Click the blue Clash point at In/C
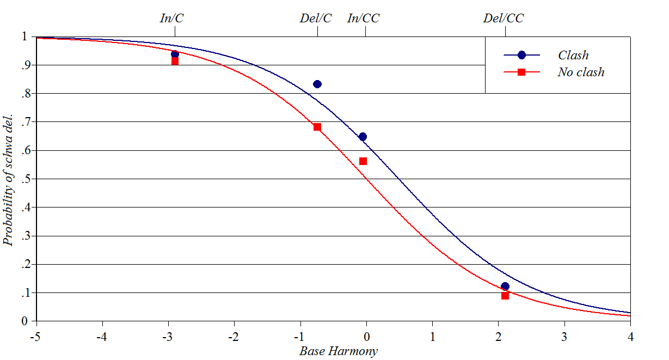click(175, 54)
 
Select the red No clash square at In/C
click(175, 62)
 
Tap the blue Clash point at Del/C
click(317, 84)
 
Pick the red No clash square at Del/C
click(317, 127)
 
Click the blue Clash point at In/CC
click(363, 137)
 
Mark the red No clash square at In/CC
click(363, 161)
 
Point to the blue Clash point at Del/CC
click(505, 286)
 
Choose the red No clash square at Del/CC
click(505, 295)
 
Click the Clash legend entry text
click(573, 55)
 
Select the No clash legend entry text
click(581, 72)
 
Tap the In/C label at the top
click(171, 18)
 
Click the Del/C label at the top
click(316, 18)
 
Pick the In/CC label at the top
click(363, 18)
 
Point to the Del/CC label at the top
click(504, 18)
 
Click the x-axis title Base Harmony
click(338, 351)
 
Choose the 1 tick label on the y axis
click(24, 36)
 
